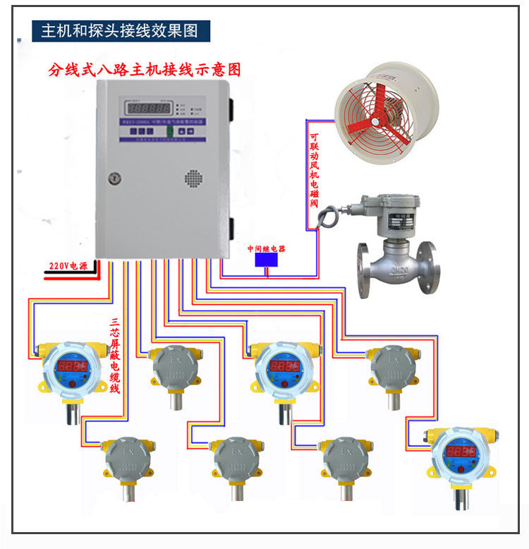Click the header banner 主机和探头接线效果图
click(121, 31)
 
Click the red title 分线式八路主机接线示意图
click(145, 71)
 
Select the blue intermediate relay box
click(266, 260)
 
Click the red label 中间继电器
click(266, 248)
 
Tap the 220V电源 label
click(68, 266)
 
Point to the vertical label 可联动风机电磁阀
click(314, 166)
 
